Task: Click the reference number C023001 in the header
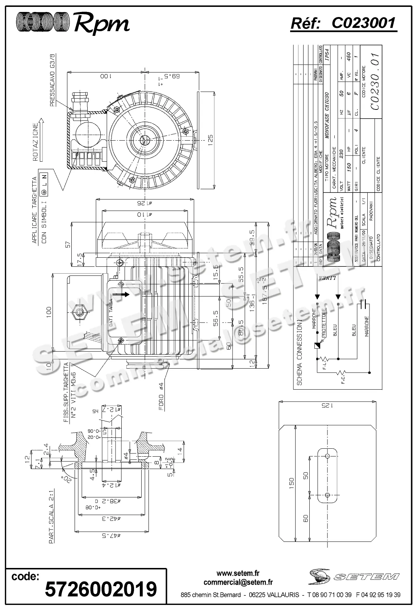click(363, 23)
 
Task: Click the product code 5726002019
click(101, 589)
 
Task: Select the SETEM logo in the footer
click(354, 576)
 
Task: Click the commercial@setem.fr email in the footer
click(238, 582)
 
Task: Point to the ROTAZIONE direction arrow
click(41, 139)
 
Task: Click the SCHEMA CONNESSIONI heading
click(299, 352)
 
